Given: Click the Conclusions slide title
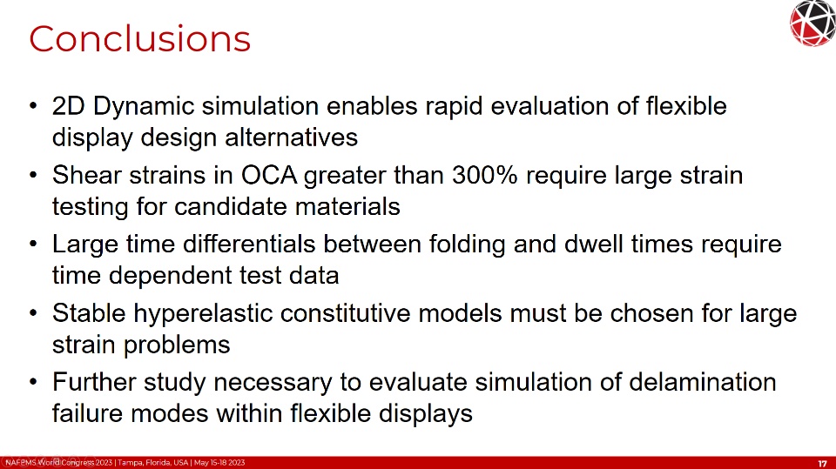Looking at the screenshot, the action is coord(139,39).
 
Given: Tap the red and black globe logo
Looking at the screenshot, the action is coord(813,23).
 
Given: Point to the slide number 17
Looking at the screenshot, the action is coord(822,464).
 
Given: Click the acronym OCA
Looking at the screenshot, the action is coord(269,176).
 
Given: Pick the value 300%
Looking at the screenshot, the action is coord(485,176).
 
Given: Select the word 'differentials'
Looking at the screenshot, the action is coord(249,245).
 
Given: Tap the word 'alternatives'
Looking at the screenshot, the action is coord(291,137).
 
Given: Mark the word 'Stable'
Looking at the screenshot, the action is coord(89,313).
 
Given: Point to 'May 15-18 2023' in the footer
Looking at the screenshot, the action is coord(219,463).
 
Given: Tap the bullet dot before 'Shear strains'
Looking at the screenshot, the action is coord(34,176).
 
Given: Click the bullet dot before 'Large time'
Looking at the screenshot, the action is coord(34,245).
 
